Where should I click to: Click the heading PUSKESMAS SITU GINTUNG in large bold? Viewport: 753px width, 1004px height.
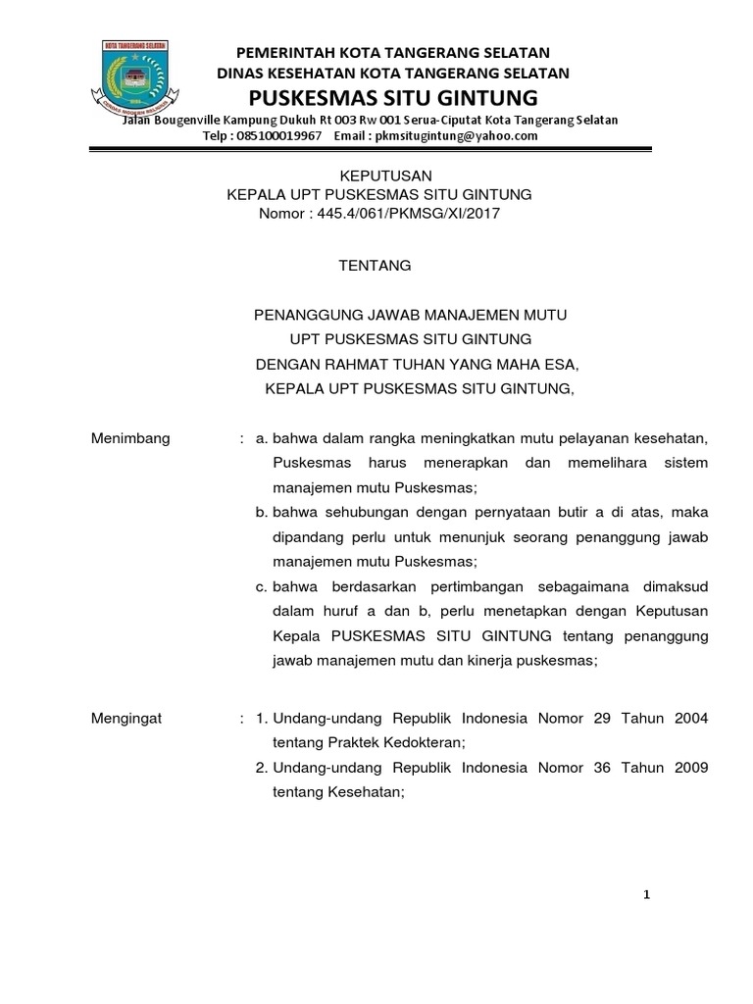(393, 98)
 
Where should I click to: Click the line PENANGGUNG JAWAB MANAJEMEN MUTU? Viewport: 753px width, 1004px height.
(411, 315)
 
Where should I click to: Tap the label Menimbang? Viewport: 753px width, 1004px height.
(130, 438)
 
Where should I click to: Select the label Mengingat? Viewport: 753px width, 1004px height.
(126, 719)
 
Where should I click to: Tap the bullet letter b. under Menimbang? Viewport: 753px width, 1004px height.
(262, 513)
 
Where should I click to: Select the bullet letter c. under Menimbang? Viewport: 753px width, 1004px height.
(262, 586)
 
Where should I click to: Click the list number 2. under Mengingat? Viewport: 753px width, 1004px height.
(261, 768)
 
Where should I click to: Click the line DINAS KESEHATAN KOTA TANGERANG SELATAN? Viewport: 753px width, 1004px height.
(393, 74)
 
